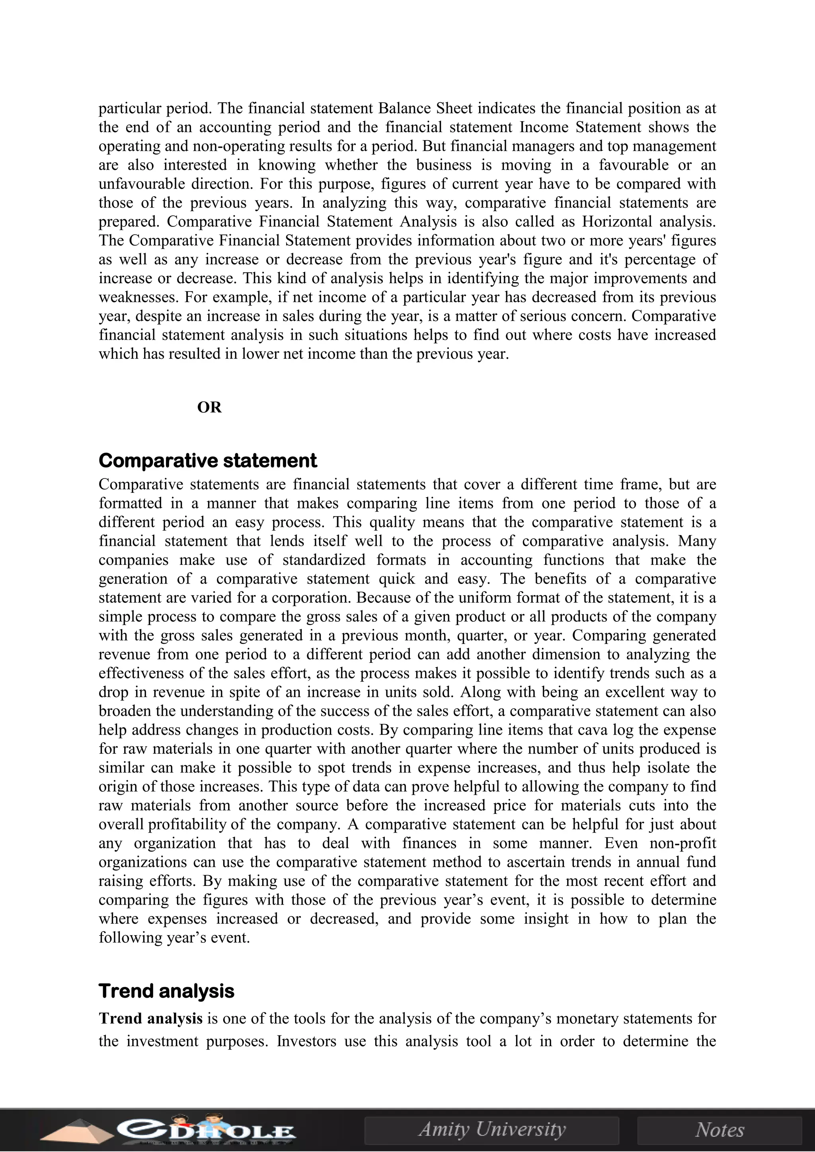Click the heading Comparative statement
208,460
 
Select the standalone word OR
209,407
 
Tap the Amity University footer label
492,1129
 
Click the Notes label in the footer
719,1129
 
